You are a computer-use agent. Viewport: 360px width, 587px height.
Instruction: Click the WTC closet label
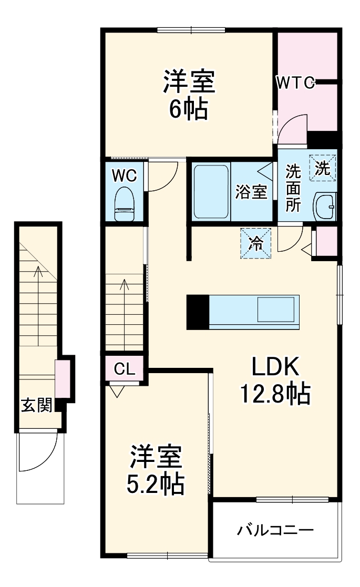(296, 82)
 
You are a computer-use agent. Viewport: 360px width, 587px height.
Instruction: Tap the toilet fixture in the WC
(125, 203)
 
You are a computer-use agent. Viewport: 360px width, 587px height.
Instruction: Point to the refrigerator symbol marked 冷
(256, 243)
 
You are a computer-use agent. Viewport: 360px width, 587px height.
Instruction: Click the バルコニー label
(275, 529)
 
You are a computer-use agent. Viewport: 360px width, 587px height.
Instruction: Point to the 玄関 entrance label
(36, 406)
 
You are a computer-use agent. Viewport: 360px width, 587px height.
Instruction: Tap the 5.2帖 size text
(156, 484)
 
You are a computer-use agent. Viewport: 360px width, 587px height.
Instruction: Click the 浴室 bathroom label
(251, 193)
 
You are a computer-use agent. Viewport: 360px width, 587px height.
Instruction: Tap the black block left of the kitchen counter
(198, 312)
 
